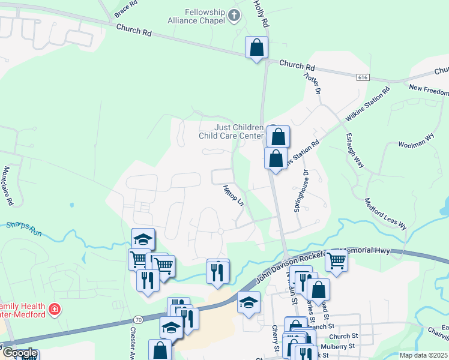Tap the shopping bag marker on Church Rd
coord(256,48)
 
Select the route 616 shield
coord(361,78)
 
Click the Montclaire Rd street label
coord(8,187)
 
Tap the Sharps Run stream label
coord(24,228)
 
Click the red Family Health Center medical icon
coord(55,309)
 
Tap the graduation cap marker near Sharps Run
coord(143,239)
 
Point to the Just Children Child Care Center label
coord(231,131)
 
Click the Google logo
coord(19,353)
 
